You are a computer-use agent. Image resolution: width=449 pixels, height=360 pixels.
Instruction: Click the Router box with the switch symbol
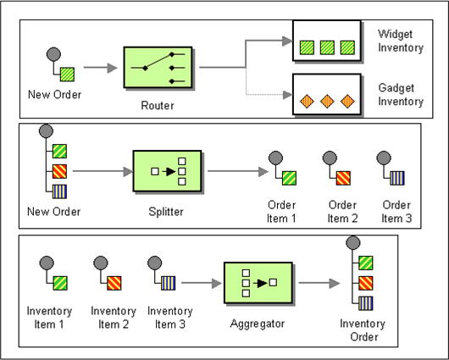pyautogui.click(x=158, y=67)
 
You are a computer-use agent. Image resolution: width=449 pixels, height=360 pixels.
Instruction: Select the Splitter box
pyautogui.click(x=167, y=171)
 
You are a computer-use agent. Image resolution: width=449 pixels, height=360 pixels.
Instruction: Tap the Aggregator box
pyautogui.click(x=258, y=283)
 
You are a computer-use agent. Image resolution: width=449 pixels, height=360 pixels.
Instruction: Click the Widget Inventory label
pyautogui.click(x=401, y=41)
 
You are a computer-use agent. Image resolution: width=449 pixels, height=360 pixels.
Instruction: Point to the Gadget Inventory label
pyautogui.click(x=401, y=95)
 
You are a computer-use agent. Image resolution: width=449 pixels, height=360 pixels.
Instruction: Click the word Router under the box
pyautogui.click(x=158, y=105)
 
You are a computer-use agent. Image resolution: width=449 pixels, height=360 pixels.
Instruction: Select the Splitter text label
pyautogui.click(x=166, y=212)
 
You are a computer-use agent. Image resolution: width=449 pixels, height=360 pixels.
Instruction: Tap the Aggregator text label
pyautogui.click(x=258, y=324)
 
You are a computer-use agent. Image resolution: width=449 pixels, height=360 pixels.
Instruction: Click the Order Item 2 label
pyautogui.click(x=342, y=212)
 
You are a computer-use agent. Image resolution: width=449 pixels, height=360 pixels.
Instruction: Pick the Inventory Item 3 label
pyautogui.click(x=170, y=318)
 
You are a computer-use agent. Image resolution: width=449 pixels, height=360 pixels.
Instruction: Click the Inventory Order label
pyautogui.click(x=363, y=330)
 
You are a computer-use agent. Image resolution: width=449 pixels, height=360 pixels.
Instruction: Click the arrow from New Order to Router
pyautogui.click(x=101, y=68)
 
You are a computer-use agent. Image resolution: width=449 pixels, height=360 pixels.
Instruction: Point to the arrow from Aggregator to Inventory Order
pyautogui.click(x=319, y=283)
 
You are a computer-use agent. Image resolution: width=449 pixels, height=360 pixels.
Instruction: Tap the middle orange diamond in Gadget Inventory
pyautogui.click(x=327, y=101)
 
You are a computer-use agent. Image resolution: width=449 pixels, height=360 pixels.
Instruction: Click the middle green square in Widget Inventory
pyautogui.click(x=327, y=47)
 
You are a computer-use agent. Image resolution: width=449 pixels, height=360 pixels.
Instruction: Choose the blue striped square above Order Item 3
pyautogui.click(x=397, y=178)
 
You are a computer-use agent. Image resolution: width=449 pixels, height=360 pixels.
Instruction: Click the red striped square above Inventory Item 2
pyautogui.click(x=114, y=283)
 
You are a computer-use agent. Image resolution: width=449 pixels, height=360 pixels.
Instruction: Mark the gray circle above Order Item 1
pyautogui.click(x=276, y=158)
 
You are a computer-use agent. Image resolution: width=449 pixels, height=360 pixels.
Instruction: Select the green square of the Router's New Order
pyautogui.click(x=67, y=75)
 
